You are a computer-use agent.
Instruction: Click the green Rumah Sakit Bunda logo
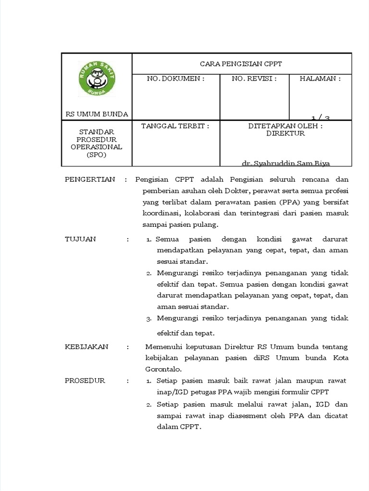coord(97,78)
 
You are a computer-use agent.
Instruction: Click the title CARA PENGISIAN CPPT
coord(241,64)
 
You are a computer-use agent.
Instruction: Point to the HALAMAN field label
coord(320,79)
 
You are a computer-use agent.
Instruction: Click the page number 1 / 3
coord(320,117)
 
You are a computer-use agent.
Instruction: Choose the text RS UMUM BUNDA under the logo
coord(97,114)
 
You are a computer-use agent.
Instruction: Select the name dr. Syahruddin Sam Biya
coord(286,164)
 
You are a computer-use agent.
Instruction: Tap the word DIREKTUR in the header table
coord(285,133)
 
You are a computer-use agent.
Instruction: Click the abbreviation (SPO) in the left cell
coord(97,155)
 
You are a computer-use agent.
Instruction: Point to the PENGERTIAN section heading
coord(90,179)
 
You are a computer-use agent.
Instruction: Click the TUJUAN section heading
coord(80,239)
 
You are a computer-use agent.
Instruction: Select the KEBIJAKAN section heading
coord(86,347)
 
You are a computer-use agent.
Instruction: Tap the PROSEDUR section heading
coord(85,381)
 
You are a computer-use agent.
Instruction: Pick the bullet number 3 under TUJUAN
coord(149,318)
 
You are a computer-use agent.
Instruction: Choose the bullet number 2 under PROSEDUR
coord(149,404)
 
